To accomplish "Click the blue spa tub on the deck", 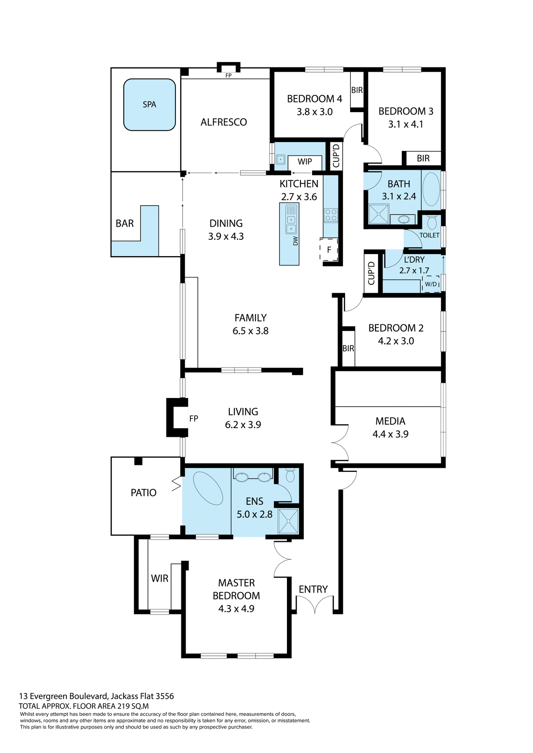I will [149, 104].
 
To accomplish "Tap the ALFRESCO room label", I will [224, 122].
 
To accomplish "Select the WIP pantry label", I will [305, 162].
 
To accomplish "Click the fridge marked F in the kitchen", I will [329, 250].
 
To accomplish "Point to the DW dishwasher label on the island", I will [296, 241].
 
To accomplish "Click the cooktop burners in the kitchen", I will [330, 215].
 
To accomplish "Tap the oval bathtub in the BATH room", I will [432, 189].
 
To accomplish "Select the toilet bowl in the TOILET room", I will [432, 222].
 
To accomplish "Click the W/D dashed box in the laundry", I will [431, 284].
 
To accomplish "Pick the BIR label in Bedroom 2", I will [348, 348].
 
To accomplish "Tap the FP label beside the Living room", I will [193, 418].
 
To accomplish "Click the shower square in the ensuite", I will [288, 521].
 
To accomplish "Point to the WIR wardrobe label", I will [159, 578].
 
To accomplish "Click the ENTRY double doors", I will [315, 604].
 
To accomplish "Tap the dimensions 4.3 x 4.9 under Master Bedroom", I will [236, 609].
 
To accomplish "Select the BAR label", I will [125, 224].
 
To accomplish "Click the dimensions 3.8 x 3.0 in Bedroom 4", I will [314, 112].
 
